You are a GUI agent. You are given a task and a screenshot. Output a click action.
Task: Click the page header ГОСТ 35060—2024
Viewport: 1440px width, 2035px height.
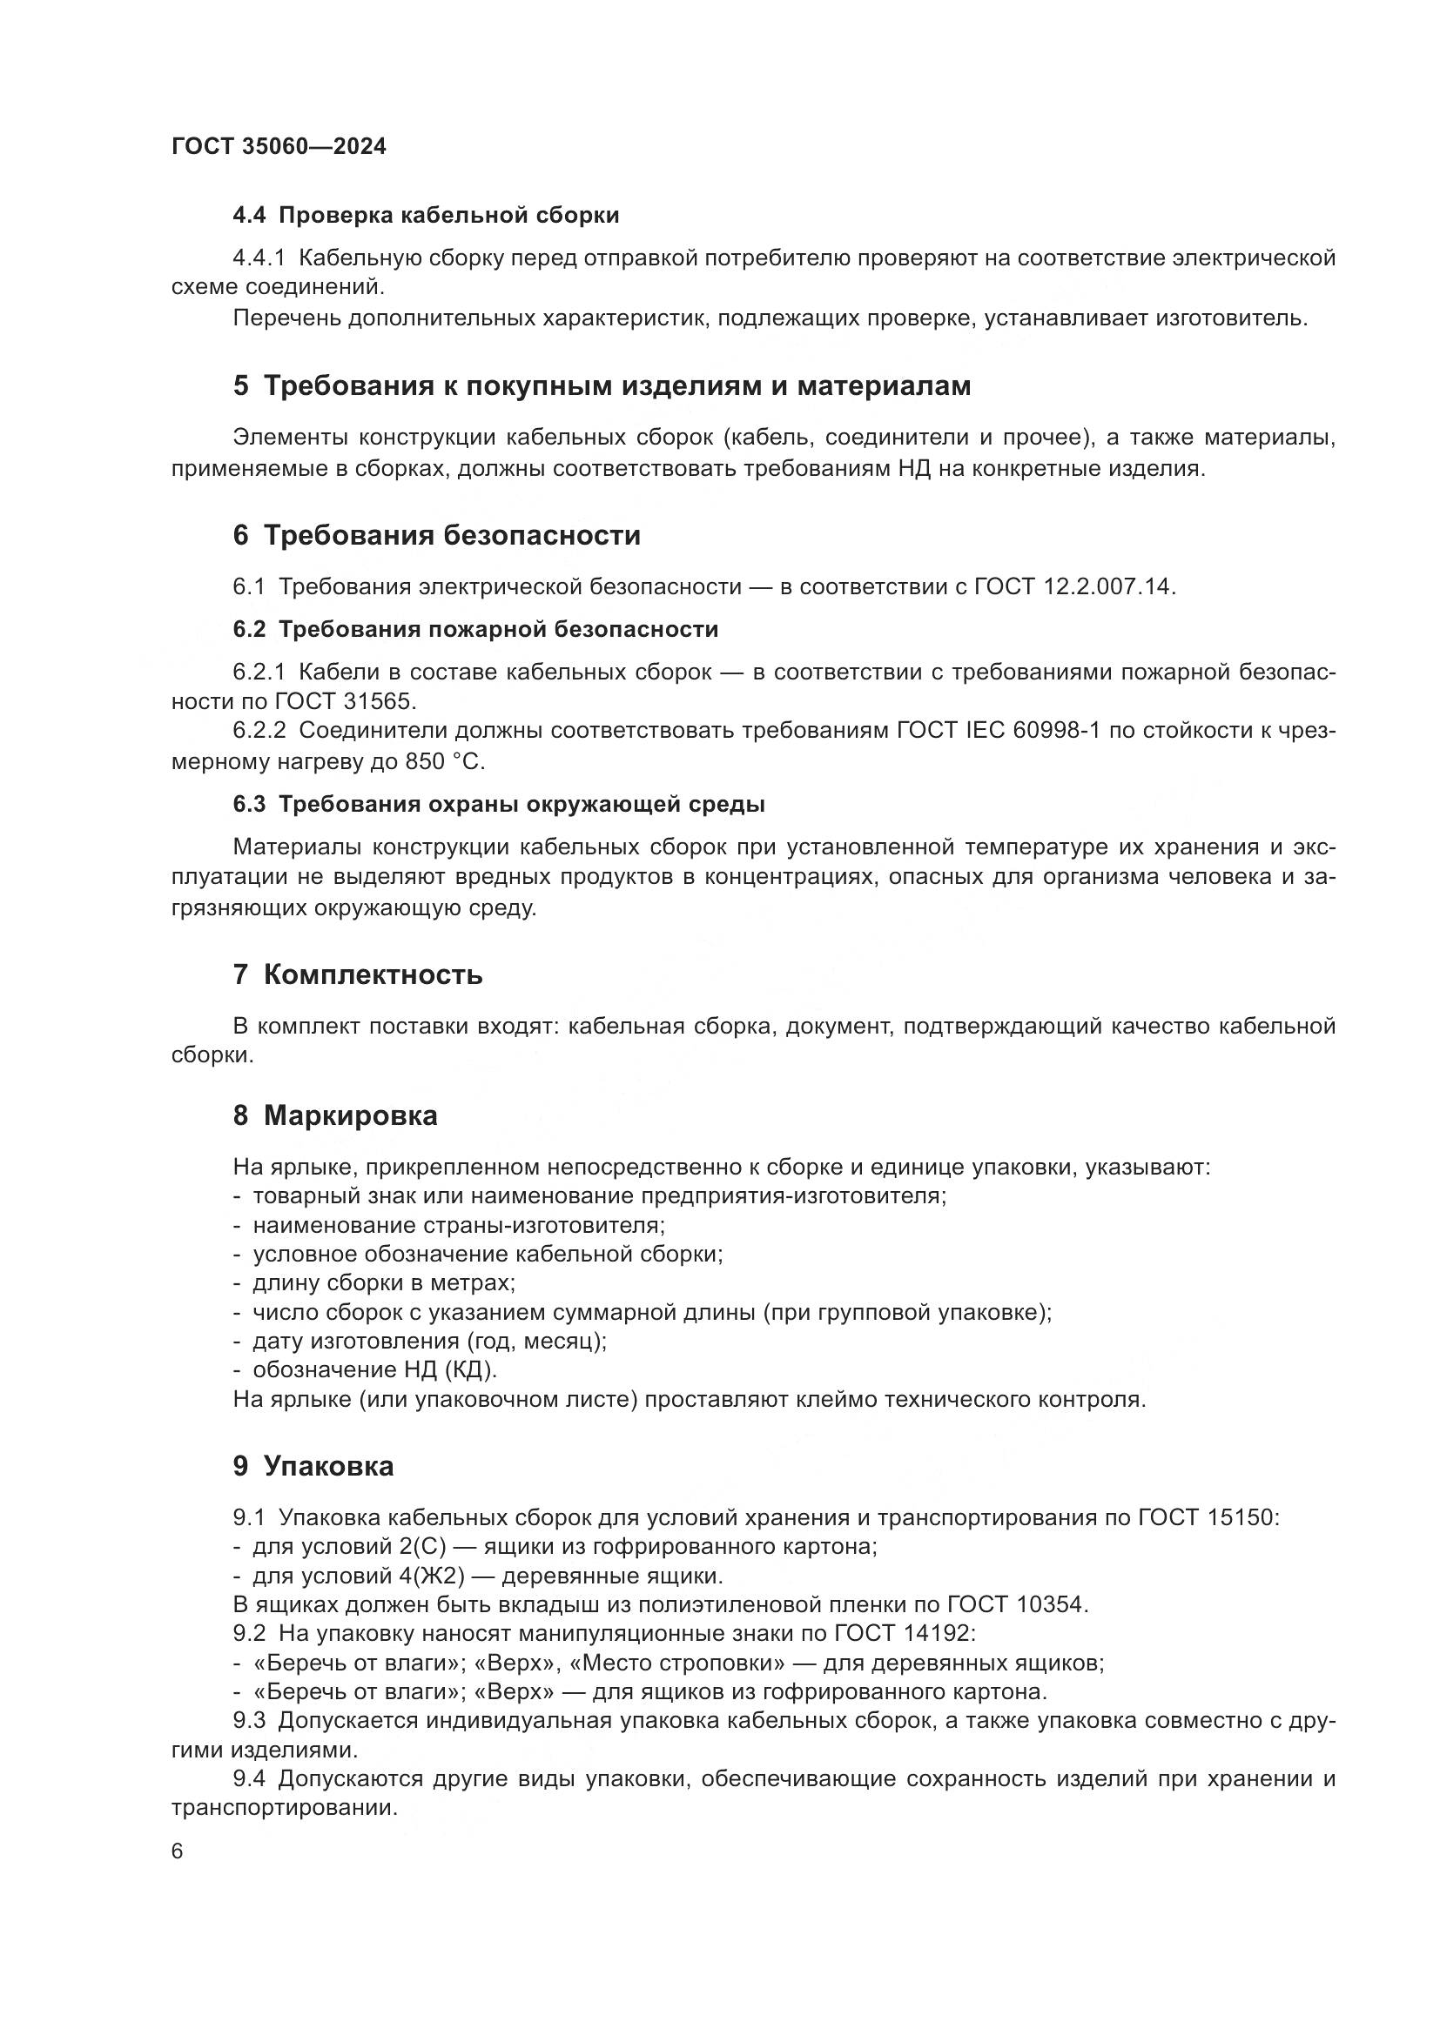click(279, 147)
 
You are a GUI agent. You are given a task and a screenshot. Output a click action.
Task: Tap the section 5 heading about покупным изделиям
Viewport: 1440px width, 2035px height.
click(602, 386)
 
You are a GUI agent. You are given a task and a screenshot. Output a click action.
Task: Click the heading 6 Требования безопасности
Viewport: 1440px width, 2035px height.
click(436, 535)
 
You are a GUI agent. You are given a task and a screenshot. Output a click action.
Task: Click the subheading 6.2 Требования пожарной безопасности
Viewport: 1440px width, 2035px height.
click(475, 629)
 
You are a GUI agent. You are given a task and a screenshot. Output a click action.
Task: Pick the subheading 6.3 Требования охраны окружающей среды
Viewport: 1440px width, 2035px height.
click(498, 805)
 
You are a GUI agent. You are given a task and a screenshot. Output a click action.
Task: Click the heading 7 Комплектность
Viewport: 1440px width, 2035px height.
click(357, 975)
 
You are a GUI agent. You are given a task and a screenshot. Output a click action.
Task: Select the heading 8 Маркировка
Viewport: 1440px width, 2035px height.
click(335, 1115)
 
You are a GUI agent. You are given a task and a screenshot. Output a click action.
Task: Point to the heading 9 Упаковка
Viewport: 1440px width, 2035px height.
click(313, 1466)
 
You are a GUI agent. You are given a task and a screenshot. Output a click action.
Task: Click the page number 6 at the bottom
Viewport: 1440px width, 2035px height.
click(178, 1851)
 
